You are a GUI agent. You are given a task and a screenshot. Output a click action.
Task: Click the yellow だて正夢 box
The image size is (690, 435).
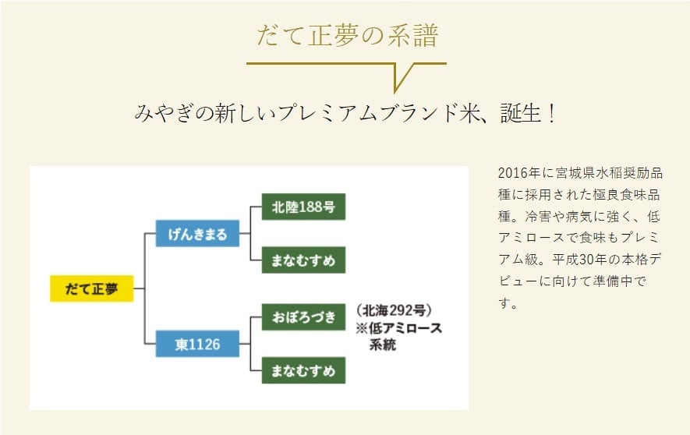pyautogui.click(x=91, y=288)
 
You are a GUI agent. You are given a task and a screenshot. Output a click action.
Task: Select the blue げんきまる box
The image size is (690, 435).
pyautogui.click(x=197, y=234)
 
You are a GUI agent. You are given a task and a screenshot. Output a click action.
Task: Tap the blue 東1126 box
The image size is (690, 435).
pyautogui.click(x=197, y=344)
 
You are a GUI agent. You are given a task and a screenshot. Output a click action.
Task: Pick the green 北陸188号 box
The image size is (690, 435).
pyautogui.click(x=303, y=207)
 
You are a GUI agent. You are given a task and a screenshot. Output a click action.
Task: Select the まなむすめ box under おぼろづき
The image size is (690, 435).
pyautogui.click(x=303, y=370)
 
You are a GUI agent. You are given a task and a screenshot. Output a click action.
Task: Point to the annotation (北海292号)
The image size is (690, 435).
pyautogui.click(x=393, y=310)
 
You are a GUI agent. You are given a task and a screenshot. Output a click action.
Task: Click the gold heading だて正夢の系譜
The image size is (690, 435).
pyautogui.click(x=347, y=36)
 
